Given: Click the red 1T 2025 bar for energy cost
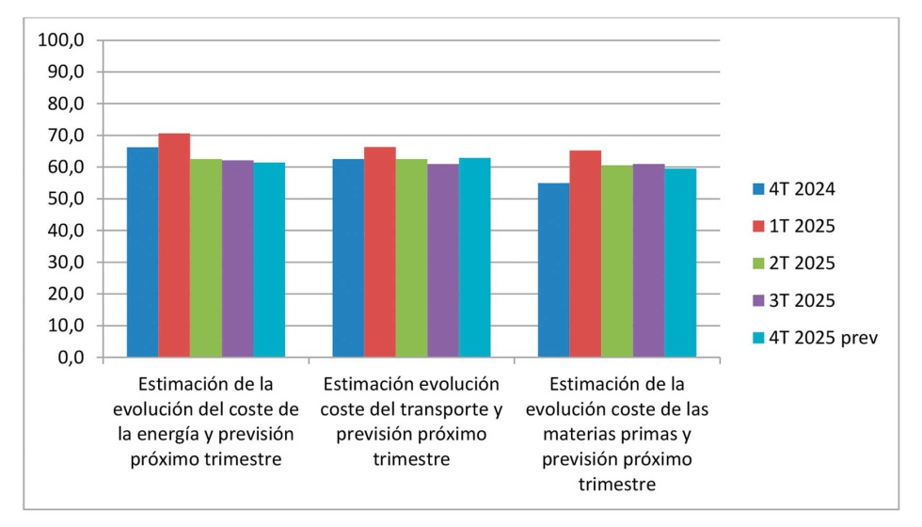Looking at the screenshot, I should coord(174,246).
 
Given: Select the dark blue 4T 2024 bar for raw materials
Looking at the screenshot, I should coord(553,270).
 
